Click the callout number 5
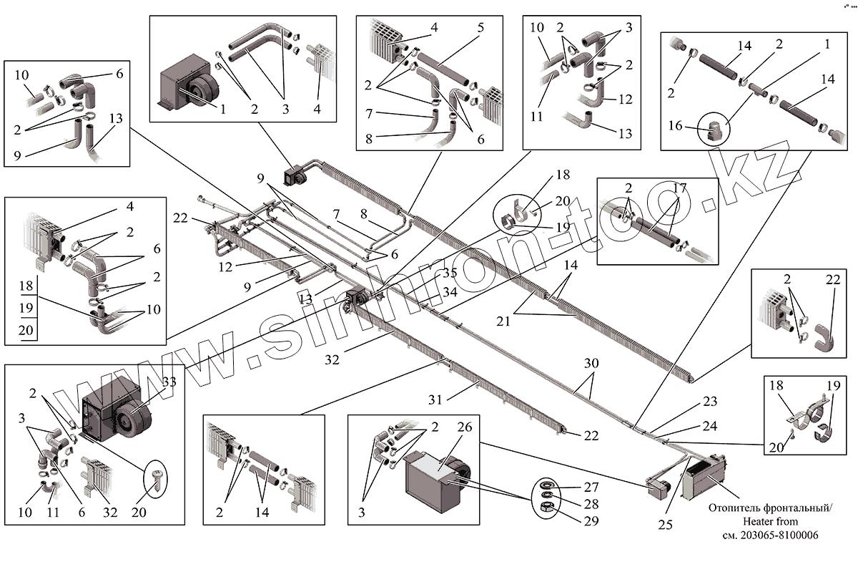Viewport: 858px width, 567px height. point(480,29)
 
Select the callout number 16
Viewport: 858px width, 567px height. point(676,126)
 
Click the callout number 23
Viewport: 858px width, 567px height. point(709,402)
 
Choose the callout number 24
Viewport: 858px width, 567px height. point(709,426)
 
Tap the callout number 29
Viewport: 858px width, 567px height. point(591,521)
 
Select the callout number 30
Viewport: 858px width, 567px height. point(590,364)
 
